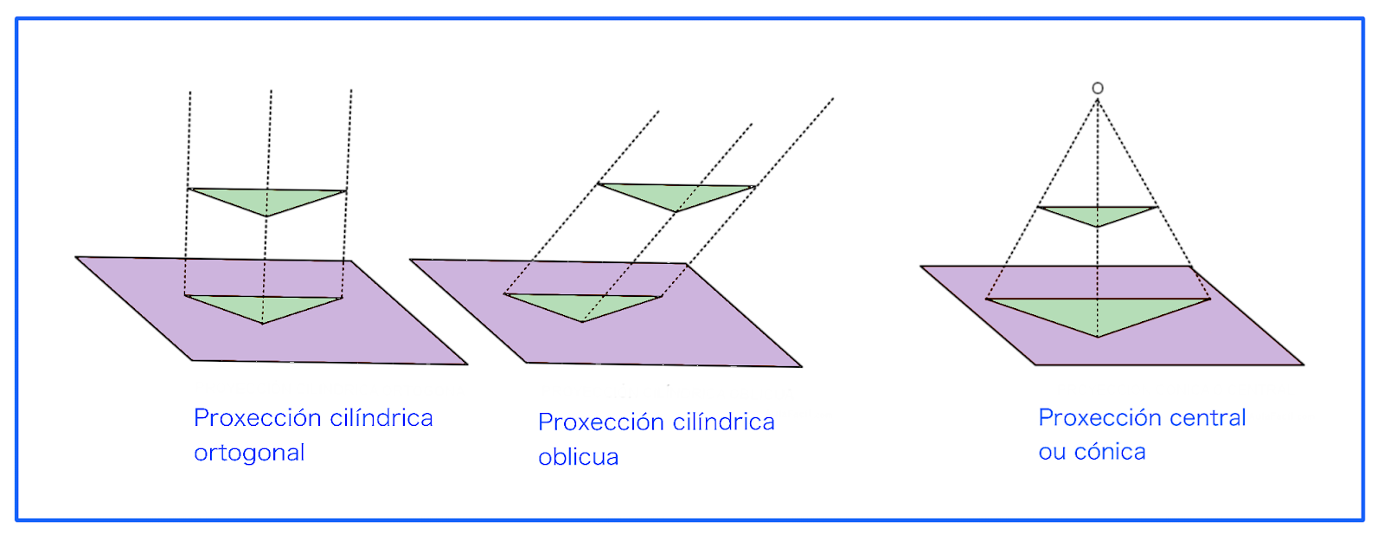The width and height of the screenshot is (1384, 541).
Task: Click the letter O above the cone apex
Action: click(1098, 87)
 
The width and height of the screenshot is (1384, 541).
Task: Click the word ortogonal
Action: click(249, 453)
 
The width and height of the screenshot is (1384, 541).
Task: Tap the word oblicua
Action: click(578, 457)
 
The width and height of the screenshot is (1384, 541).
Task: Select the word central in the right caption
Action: click(1208, 418)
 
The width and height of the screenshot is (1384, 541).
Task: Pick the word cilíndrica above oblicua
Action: click(724, 422)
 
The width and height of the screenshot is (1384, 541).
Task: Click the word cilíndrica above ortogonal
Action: click(381, 418)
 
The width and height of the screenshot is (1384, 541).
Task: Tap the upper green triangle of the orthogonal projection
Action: click(266, 199)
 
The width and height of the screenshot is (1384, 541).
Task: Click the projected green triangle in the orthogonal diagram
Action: click(262, 306)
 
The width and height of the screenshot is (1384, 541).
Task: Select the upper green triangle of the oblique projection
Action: click(676, 195)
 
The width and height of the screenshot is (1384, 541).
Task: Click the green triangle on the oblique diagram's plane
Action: click(583, 305)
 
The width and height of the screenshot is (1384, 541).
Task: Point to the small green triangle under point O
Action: click(1097, 213)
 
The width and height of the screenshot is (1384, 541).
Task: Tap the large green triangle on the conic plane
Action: click(1098, 312)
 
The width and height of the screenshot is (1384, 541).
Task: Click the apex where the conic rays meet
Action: click(1098, 100)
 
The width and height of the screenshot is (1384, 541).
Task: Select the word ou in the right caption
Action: click(1052, 452)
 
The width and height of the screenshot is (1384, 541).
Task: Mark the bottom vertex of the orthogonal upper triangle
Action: click(266, 216)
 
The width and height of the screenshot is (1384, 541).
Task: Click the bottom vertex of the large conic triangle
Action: click(1098, 336)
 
